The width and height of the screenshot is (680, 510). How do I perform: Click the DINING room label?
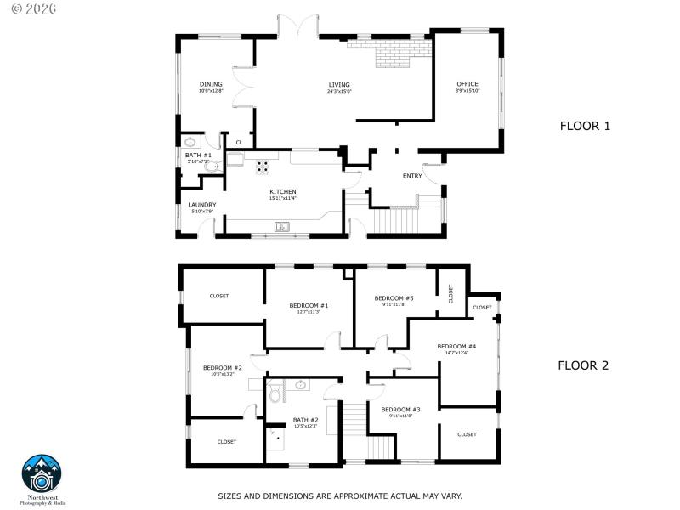pos(211,84)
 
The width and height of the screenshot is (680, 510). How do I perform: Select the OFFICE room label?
pos(467,84)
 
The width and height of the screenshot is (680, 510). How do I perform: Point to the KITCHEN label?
pos(282,192)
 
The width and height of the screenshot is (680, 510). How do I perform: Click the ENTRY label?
pos(412,176)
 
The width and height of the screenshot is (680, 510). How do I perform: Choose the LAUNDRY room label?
pos(202,205)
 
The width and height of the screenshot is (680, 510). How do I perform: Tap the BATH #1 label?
pos(198,156)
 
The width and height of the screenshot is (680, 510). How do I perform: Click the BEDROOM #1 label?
pos(309,306)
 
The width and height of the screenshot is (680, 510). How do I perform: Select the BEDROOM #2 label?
pos(222,368)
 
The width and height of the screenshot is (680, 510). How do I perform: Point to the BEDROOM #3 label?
pos(400,411)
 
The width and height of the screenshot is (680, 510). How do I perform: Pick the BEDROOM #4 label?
pos(456,347)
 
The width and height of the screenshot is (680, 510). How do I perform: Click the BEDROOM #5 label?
pos(394,298)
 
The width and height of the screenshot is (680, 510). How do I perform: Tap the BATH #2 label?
pos(306,420)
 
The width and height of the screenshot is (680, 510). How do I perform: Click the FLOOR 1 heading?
pos(585,126)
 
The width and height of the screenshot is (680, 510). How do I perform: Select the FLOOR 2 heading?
pos(583,366)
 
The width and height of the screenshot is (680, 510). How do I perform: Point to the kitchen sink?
pos(281,226)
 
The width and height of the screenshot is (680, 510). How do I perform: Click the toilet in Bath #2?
pos(275,394)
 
